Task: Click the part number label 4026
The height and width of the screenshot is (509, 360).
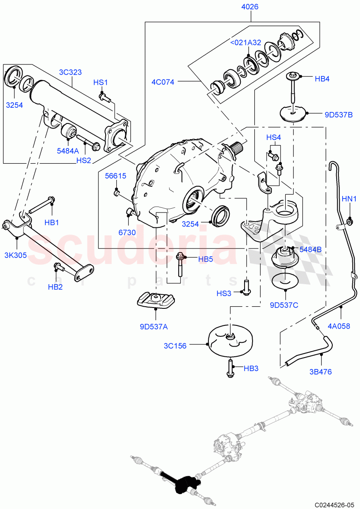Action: tap(250, 7)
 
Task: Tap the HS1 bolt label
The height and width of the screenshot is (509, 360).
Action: tap(101, 82)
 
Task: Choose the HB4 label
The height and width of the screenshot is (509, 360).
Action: tap(322, 78)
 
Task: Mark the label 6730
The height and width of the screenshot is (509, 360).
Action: tap(127, 233)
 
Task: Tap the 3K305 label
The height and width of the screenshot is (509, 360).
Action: tap(16, 255)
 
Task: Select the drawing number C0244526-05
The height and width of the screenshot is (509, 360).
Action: tap(334, 505)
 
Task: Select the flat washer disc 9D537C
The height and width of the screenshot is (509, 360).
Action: tap(284, 280)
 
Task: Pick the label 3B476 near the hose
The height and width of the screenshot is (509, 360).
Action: tap(321, 372)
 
